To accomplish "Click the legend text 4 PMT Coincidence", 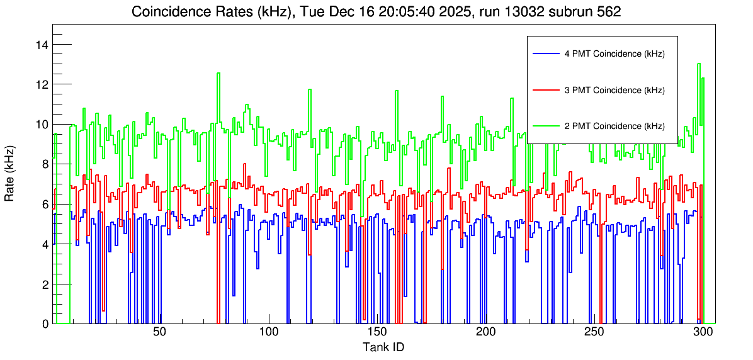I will [614, 54].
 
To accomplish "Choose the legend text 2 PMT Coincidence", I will [614, 126].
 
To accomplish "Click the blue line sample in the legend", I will [545, 54].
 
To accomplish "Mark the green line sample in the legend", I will [545, 126].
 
